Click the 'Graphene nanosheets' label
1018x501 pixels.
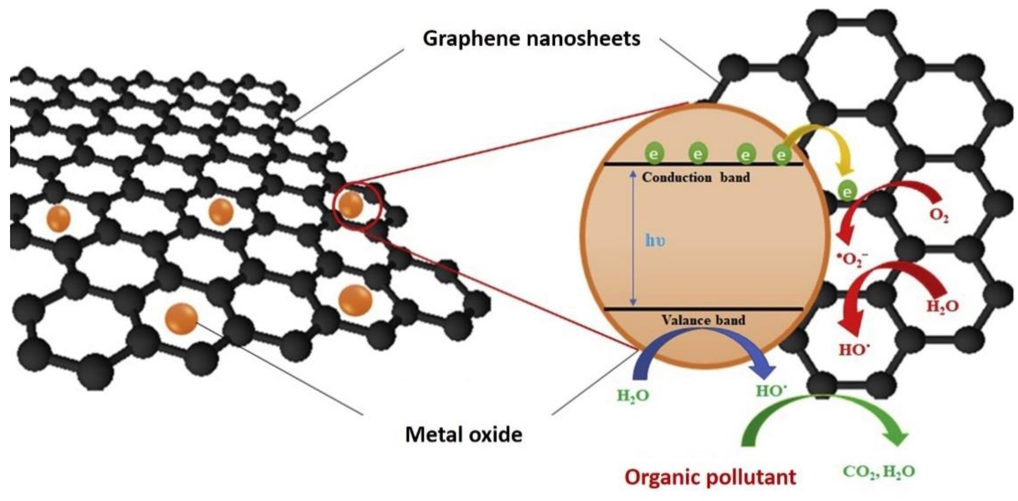tap(531, 39)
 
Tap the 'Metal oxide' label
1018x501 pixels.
tap(463, 435)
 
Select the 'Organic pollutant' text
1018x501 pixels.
tap(710, 477)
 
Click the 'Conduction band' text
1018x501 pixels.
tap(696, 177)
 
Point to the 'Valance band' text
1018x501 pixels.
tap(703, 320)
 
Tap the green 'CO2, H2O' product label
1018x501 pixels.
tap(879, 472)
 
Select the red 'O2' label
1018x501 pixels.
tap(939, 216)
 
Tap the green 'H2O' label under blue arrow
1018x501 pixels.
tap(633, 395)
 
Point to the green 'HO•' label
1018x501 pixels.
tap(771, 391)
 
